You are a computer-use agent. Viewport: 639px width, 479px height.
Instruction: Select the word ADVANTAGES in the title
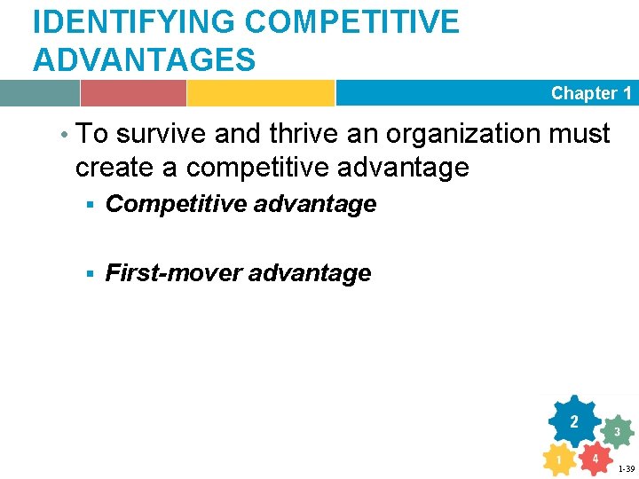tap(144, 60)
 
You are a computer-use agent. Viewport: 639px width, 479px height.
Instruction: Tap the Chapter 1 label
tap(591, 93)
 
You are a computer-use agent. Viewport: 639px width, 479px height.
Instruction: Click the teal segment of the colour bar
tap(39, 93)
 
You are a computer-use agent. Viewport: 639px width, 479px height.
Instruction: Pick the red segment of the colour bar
tap(133, 93)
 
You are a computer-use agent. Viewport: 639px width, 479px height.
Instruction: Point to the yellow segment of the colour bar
tap(260, 93)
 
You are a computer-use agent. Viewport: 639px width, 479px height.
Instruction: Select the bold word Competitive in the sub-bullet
tap(177, 204)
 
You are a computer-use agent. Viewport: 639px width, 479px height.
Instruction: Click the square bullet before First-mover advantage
tap(91, 274)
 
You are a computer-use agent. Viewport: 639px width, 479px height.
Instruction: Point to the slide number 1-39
tap(626, 469)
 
